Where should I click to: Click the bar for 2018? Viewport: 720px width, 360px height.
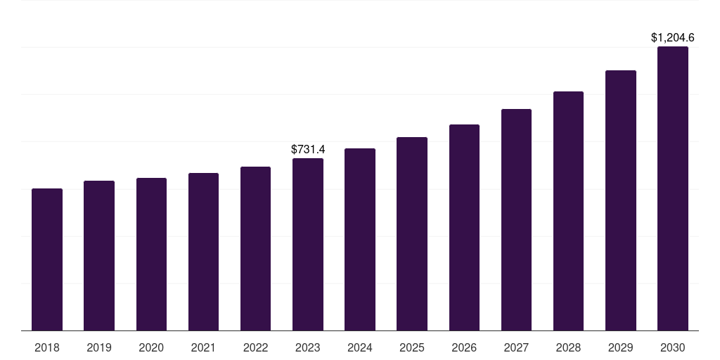click(x=47, y=259)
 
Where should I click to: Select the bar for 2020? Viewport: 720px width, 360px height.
click(x=151, y=254)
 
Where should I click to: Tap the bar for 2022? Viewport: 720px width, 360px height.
click(x=255, y=248)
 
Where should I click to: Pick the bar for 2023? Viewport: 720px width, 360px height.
click(x=308, y=244)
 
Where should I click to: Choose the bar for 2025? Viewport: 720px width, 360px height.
click(x=412, y=233)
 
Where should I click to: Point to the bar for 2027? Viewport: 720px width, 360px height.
click(x=516, y=219)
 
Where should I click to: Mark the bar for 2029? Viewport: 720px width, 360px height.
click(x=620, y=200)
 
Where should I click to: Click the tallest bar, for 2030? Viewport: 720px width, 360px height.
click(x=673, y=188)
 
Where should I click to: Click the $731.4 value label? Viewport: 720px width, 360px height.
click(x=308, y=149)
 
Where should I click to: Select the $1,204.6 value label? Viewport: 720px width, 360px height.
click(x=672, y=38)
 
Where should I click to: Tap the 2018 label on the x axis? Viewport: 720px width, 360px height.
click(x=47, y=347)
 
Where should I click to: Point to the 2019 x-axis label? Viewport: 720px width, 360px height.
click(x=99, y=347)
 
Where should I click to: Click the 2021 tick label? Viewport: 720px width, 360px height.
click(x=203, y=347)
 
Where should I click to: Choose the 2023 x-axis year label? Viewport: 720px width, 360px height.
click(x=308, y=347)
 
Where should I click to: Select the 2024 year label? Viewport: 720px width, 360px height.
click(x=360, y=347)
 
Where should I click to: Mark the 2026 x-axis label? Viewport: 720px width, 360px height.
click(x=464, y=347)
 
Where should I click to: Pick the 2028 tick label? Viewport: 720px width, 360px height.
click(x=568, y=347)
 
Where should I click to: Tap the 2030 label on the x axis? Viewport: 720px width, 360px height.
click(x=673, y=347)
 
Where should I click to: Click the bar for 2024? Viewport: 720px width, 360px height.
click(x=360, y=239)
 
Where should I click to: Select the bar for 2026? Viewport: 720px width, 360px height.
click(x=464, y=227)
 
